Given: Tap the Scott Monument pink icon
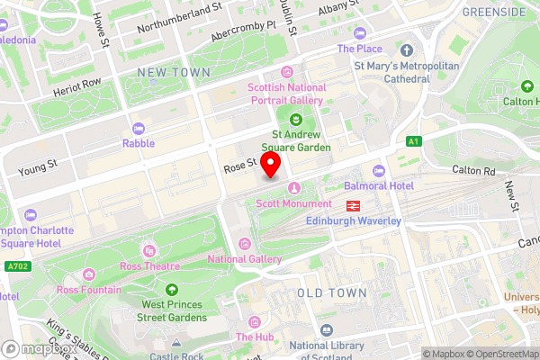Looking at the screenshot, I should point(293,187).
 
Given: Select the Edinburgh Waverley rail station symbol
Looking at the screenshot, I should point(354,205).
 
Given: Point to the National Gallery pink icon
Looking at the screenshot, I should point(245,244).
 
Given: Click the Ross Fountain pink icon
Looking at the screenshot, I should point(88,274).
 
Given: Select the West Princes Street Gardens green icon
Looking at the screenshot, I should point(170,290).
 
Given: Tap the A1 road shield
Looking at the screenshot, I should point(413,141).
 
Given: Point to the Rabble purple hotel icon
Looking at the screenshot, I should point(139,128).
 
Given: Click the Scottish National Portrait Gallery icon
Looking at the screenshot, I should point(287,72).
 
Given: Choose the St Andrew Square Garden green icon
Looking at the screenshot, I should point(295,119).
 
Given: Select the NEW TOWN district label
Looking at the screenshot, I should point(174,71).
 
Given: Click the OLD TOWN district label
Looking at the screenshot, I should point(331,293).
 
